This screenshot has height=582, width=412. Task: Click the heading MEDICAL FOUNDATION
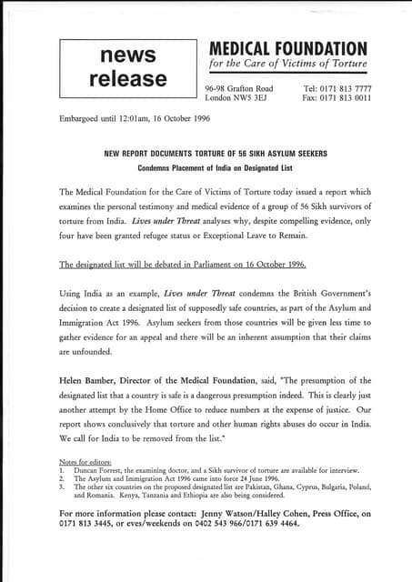tap(289, 48)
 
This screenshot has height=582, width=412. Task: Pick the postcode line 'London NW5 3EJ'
tap(237, 97)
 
